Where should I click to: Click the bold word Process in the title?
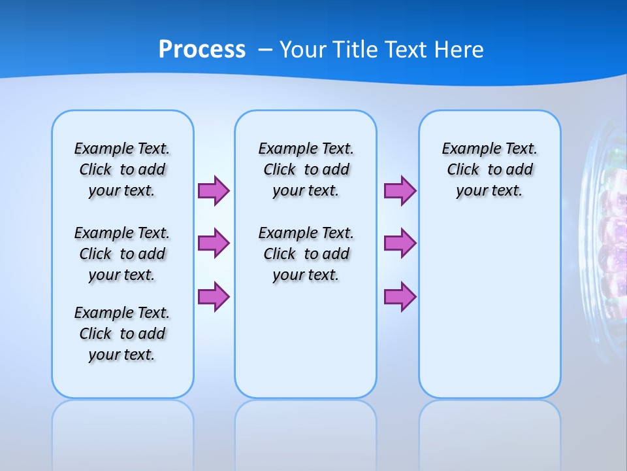pos(202,50)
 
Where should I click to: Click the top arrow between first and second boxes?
pos(214,191)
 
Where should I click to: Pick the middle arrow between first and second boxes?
pos(214,243)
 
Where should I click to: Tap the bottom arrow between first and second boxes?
pos(214,297)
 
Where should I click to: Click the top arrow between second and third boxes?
pos(400,191)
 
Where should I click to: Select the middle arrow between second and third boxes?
pos(400,243)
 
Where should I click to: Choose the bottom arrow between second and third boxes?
pos(400,297)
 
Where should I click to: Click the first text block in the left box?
pos(122,169)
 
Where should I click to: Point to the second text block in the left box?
pos(122,254)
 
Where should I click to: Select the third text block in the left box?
pos(122,334)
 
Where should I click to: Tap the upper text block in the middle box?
pos(306,169)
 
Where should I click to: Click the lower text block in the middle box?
pos(306,254)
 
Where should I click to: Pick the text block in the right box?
pos(489,169)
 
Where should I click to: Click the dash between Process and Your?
pos(266,50)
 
